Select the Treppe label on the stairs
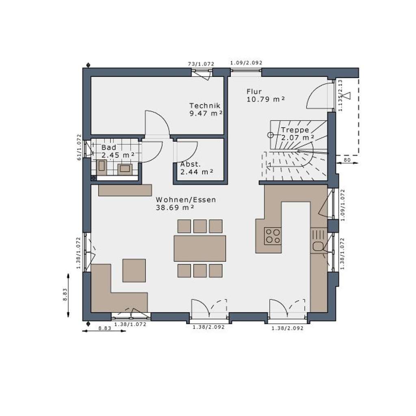point(295,130)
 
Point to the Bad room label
point(108,147)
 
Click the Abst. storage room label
point(191,164)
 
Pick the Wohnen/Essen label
point(186,200)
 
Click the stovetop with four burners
point(273,236)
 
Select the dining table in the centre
point(199,248)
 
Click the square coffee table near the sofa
point(134,270)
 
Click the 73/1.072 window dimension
point(201,64)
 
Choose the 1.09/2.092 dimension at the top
point(246,63)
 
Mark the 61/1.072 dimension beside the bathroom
point(79,147)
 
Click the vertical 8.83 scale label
point(65,294)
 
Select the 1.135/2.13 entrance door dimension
point(341,95)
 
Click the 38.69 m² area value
point(175,207)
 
